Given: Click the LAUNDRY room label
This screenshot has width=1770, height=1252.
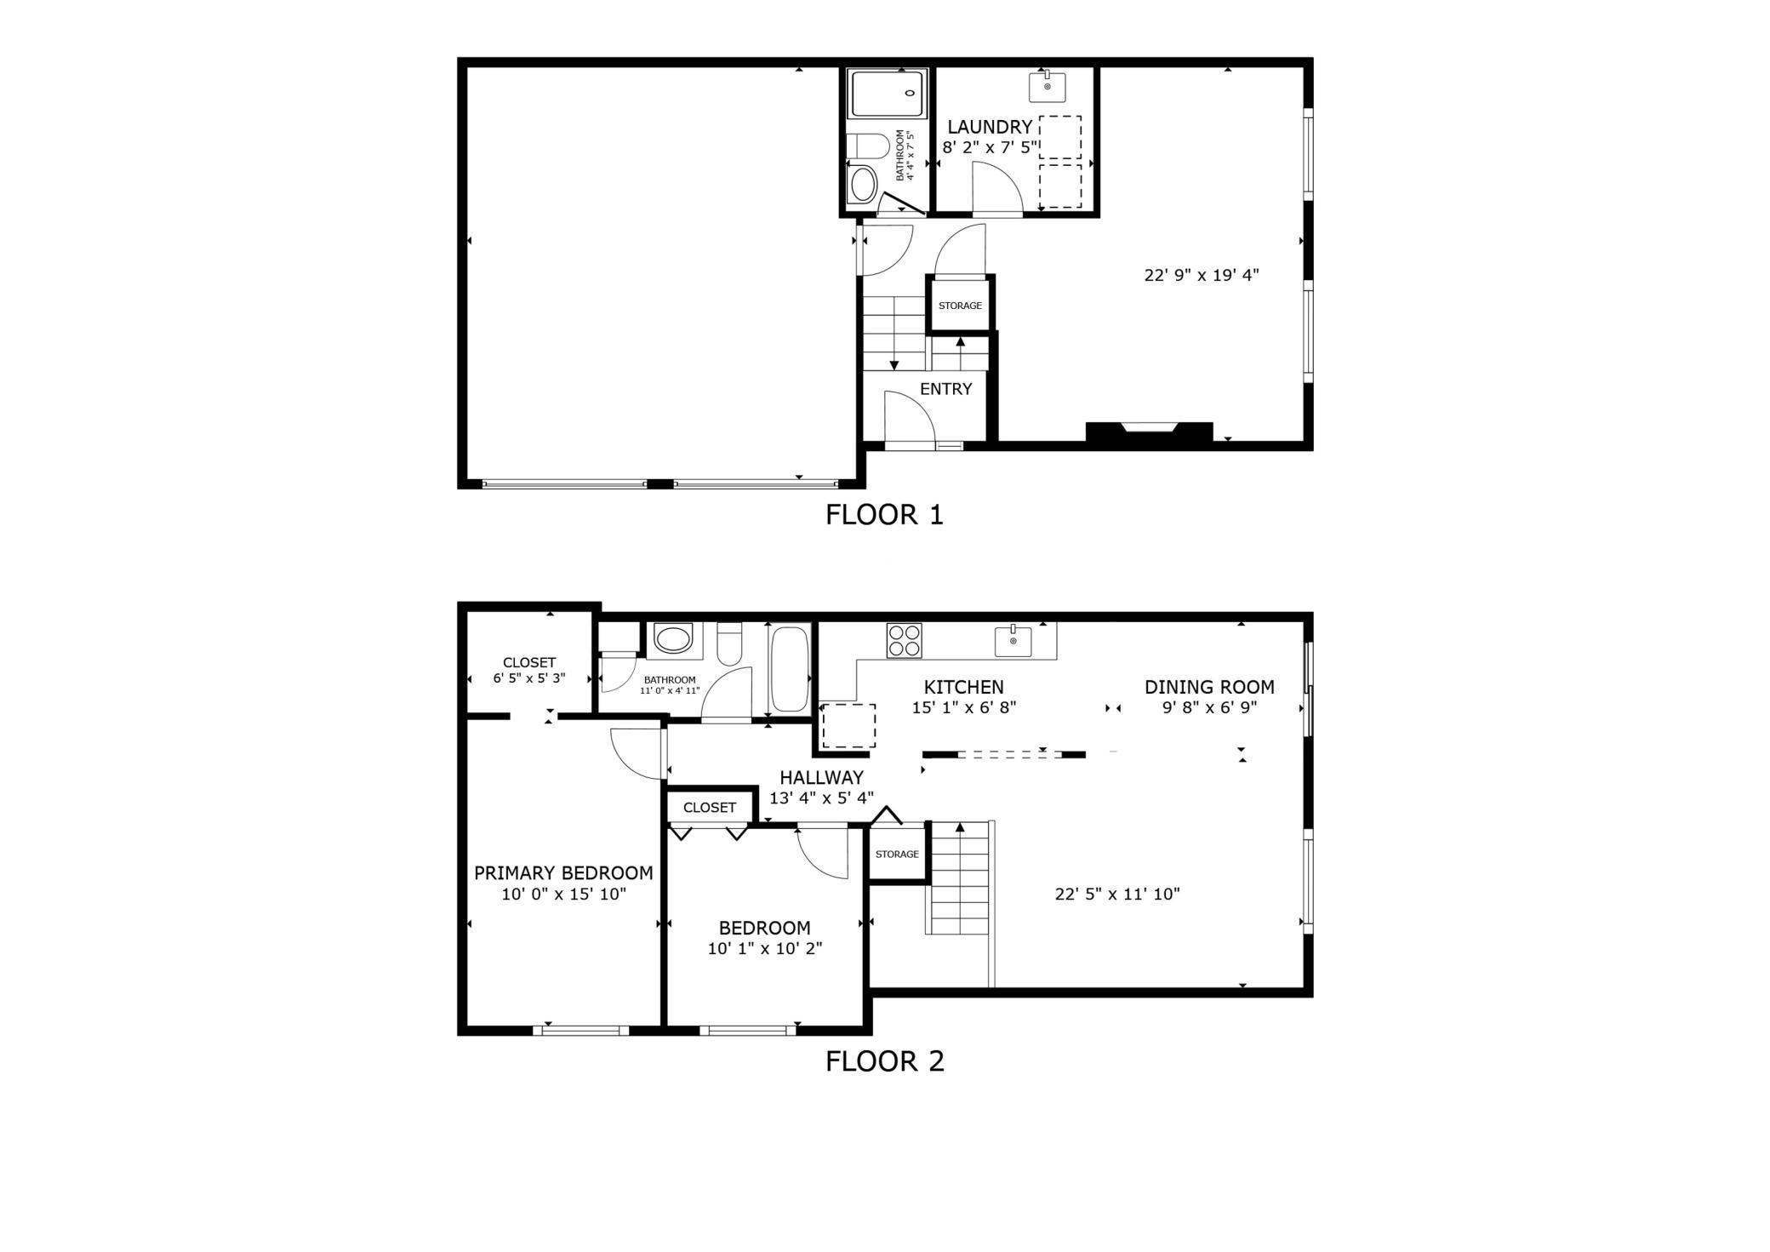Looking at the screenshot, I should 989,127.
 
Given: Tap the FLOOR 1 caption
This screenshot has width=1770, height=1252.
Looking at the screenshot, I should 884,515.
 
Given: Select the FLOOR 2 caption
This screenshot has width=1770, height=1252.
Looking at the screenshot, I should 884,1061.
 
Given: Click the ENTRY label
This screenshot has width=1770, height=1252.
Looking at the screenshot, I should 945,389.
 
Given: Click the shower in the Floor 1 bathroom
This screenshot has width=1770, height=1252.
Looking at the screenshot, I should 886,94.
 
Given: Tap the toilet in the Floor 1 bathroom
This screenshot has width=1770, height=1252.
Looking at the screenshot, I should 867,146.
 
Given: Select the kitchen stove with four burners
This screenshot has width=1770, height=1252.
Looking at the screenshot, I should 904,641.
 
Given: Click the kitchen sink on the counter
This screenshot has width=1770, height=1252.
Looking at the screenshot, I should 1013,641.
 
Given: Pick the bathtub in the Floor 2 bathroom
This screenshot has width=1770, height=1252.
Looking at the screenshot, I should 789,669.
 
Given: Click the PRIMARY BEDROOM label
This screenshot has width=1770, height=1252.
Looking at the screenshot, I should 563,873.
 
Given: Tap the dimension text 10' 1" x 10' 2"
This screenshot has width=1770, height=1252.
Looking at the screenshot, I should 764,948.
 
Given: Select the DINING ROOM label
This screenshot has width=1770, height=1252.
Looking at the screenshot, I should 1209,687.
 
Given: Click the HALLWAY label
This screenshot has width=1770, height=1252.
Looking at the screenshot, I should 821,777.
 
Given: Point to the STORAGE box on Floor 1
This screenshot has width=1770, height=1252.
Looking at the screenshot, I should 960,306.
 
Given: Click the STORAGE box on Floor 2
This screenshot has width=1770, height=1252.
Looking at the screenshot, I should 897,854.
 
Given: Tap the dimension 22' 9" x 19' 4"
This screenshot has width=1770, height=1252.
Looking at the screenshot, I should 1201,275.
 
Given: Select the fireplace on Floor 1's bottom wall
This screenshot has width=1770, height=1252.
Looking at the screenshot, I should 1149,432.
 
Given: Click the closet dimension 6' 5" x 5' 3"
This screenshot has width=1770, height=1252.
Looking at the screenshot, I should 529,678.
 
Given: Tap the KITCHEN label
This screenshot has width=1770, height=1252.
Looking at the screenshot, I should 963,687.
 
